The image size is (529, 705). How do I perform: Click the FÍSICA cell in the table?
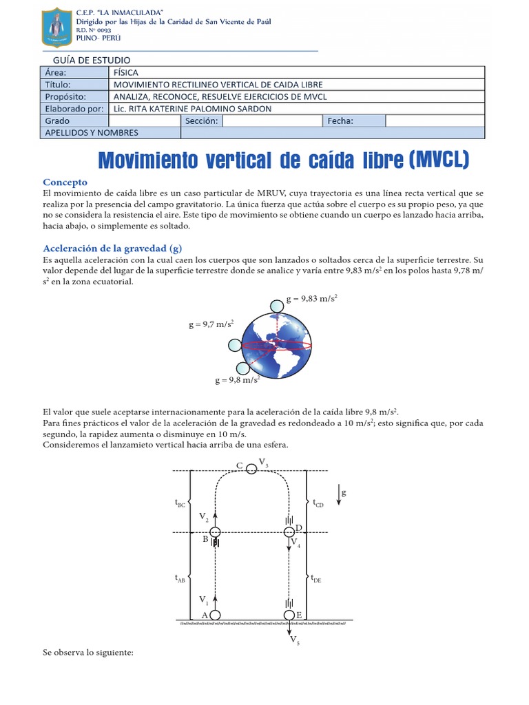125,72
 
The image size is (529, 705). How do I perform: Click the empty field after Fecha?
434,121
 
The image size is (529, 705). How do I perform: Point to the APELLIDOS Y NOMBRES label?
92,133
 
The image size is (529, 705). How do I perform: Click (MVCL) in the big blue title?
438,160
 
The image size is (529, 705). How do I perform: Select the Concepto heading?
65,182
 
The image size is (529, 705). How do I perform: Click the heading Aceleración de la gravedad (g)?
112,248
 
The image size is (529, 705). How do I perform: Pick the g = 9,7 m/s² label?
211,324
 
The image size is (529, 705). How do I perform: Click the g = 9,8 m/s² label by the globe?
237,379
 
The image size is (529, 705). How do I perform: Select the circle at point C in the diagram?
251,469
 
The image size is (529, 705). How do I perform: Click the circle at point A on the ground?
215,615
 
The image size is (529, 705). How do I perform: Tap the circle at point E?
289,615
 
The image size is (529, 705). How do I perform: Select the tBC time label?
180,504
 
